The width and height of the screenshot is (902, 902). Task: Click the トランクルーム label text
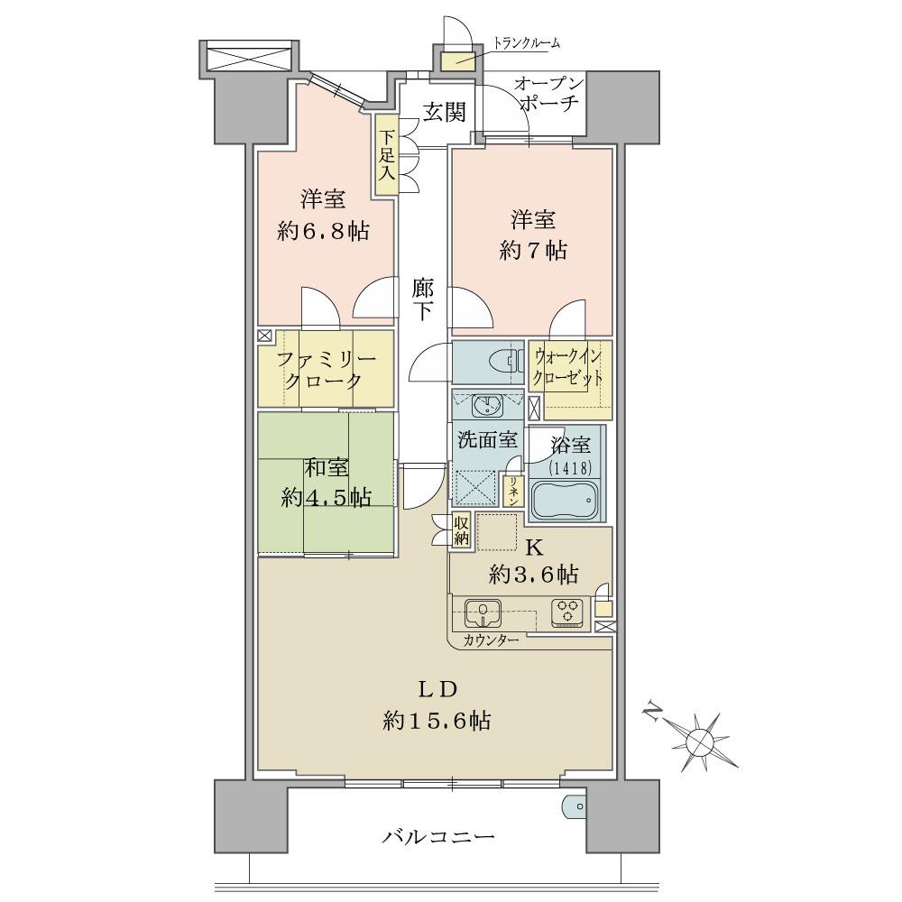pyautogui.click(x=527, y=42)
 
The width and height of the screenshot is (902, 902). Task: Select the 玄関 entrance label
pyautogui.click(x=444, y=112)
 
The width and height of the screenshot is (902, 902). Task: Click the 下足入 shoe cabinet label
pyautogui.click(x=386, y=155)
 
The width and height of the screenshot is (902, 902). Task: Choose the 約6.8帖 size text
pyautogui.click(x=323, y=231)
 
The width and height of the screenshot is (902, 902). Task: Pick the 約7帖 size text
pyautogui.click(x=533, y=251)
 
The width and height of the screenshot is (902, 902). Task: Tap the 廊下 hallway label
pyautogui.click(x=423, y=300)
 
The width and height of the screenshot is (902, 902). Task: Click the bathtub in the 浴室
pyautogui.click(x=564, y=499)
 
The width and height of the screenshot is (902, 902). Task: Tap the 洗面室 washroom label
pyautogui.click(x=486, y=440)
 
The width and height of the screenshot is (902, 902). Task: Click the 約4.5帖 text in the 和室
pyautogui.click(x=327, y=496)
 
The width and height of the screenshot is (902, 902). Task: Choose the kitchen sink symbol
pyautogui.click(x=487, y=613)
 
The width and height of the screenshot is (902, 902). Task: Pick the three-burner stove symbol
pyautogui.click(x=568, y=612)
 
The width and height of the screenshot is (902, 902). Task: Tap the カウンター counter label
pyautogui.click(x=492, y=640)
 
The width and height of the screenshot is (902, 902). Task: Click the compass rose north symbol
pyautogui.click(x=699, y=740)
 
